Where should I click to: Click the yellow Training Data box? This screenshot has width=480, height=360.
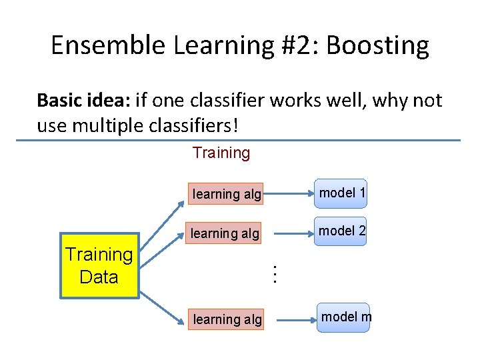(x=99, y=265)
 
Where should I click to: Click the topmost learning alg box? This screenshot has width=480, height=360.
(x=226, y=194)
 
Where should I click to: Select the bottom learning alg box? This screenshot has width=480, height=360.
(x=227, y=319)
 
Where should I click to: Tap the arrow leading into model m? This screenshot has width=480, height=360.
(x=293, y=320)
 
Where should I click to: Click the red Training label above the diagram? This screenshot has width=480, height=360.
(x=221, y=153)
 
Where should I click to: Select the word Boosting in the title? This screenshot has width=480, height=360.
(x=378, y=45)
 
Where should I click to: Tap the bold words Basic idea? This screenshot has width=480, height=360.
(x=83, y=100)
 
